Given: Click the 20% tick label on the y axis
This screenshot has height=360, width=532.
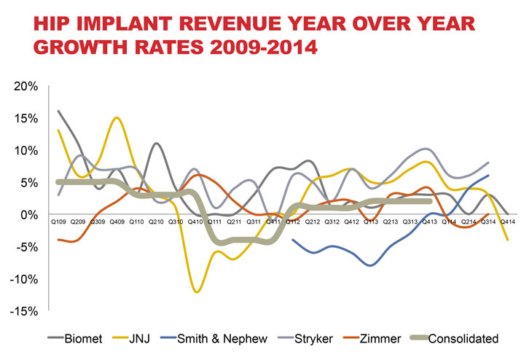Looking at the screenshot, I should coord(26,87).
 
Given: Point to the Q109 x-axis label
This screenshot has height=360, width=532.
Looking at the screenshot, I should coord(58,219).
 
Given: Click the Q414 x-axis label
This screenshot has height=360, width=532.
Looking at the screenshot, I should coord(507,219).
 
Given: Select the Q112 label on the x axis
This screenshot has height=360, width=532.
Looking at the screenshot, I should coord(293,219).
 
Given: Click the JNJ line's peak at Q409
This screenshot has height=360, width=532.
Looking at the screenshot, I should coord(117,118).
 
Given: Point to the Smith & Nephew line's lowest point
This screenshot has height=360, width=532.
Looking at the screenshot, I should coord(371,265).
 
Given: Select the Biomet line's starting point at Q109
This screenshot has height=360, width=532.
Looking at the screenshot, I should coord(58,111).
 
